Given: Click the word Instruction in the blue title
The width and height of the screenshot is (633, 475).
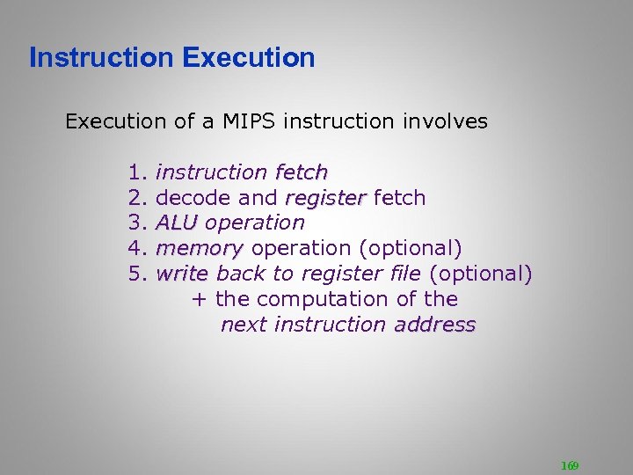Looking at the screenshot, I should [x=102, y=58].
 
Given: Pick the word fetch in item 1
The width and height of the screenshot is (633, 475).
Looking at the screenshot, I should [x=301, y=172].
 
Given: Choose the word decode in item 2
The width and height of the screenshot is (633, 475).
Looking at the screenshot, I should [x=190, y=198].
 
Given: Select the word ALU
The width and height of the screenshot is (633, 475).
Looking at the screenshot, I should [x=176, y=223].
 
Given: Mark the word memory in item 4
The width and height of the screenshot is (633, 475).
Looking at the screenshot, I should [x=199, y=249].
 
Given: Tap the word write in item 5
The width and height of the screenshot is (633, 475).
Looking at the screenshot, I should [x=181, y=274].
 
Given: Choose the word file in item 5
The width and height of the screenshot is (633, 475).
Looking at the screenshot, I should [x=404, y=274].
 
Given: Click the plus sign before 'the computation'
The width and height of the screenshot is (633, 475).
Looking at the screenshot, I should [x=199, y=300].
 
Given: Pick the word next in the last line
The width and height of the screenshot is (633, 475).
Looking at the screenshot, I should [x=244, y=325].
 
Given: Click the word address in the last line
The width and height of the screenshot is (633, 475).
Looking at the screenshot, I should [x=435, y=325].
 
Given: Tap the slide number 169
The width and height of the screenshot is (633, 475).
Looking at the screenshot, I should [x=569, y=465].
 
